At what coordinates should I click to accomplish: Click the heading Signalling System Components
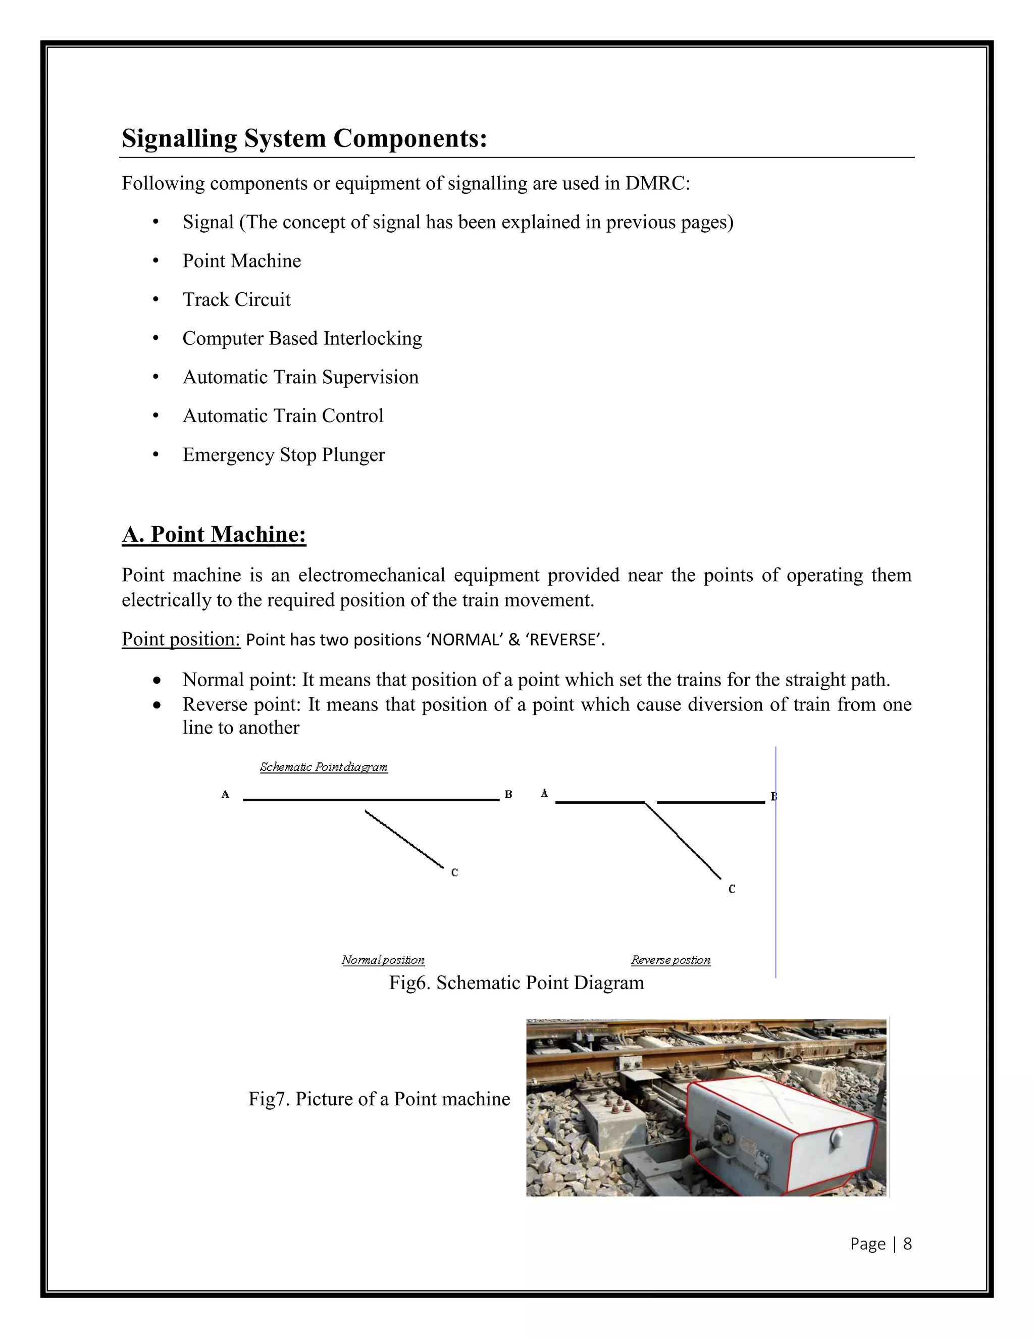pyautogui.click(x=304, y=138)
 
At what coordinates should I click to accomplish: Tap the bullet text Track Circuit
pyautogui.click(x=236, y=299)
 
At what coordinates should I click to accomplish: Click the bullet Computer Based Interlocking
pyautogui.click(x=302, y=338)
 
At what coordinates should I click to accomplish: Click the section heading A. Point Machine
pyautogui.click(x=214, y=534)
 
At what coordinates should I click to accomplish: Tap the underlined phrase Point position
pyautogui.click(x=181, y=639)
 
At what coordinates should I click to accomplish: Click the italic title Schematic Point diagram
pyautogui.click(x=324, y=767)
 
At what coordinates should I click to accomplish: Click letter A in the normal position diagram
pyautogui.click(x=225, y=795)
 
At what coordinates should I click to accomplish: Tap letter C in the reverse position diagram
pyautogui.click(x=732, y=889)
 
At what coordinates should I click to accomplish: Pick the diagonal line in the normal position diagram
pyautogui.click(x=404, y=839)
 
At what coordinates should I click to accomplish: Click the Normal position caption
pyautogui.click(x=383, y=960)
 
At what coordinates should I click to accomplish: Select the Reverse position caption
pyautogui.click(x=671, y=960)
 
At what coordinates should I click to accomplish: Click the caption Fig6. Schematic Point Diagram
pyautogui.click(x=516, y=983)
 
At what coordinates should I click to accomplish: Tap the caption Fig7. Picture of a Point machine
pyautogui.click(x=379, y=1099)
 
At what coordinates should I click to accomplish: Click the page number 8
pyautogui.click(x=907, y=1244)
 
